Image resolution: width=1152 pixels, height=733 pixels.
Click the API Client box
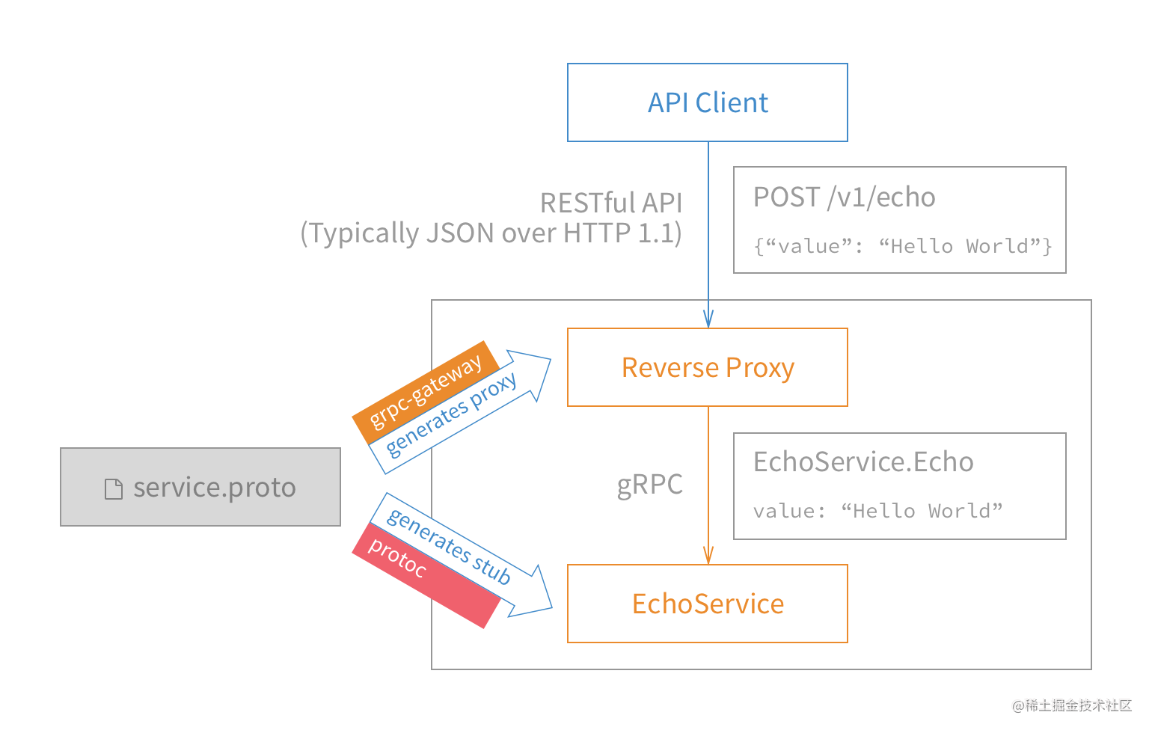(x=707, y=102)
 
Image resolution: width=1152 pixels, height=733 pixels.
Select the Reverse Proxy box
(x=707, y=367)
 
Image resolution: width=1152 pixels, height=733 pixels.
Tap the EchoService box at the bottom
(x=707, y=604)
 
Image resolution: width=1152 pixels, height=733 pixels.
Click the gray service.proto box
(x=200, y=487)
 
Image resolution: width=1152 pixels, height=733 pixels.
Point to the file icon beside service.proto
(x=114, y=489)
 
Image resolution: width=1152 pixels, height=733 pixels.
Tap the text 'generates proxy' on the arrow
(x=451, y=414)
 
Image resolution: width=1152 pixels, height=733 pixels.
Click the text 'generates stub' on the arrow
(x=449, y=546)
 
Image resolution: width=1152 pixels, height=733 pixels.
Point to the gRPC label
(x=649, y=485)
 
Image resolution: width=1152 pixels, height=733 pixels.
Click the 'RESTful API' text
(x=610, y=203)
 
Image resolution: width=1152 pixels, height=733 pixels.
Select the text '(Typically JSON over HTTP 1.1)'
(x=491, y=233)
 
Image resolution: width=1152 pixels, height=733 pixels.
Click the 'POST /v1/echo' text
(x=844, y=197)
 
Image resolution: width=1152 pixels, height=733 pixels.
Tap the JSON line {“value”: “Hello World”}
(x=903, y=246)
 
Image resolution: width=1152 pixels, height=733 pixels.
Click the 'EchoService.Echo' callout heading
(x=863, y=462)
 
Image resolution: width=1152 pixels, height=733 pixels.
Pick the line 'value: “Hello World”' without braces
(x=877, y=511)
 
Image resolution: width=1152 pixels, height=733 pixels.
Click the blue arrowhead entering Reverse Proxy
(x=708, y=319)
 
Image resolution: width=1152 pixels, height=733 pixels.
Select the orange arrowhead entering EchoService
(x=708, y=555)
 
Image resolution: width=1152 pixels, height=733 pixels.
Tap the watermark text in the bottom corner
(x=1070, y=704)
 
